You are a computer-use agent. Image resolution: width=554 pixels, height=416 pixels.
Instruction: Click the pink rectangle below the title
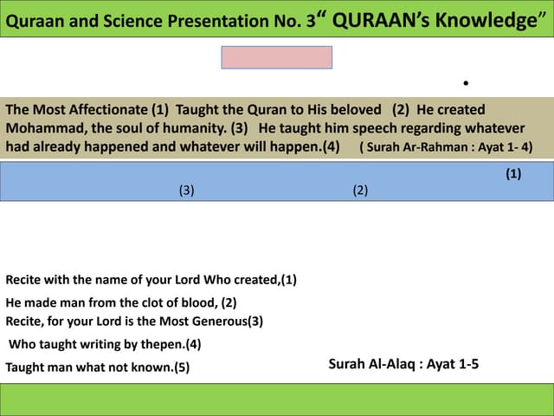click(x=277, y=57)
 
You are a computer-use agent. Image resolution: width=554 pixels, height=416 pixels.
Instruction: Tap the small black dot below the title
click(x=466, y=83)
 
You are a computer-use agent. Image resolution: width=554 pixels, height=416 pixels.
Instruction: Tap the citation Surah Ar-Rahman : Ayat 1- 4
click(x=446, y=147)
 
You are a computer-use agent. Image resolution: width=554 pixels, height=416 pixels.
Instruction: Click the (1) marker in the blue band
click(x=513, y=174)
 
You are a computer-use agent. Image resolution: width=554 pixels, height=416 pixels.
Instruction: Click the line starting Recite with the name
click(x=151, y=280)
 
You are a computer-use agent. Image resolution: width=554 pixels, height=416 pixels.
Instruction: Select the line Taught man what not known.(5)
click(x=97, y=367)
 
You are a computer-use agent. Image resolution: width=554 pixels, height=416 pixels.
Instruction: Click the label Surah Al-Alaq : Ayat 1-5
click(x=403, y=365)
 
